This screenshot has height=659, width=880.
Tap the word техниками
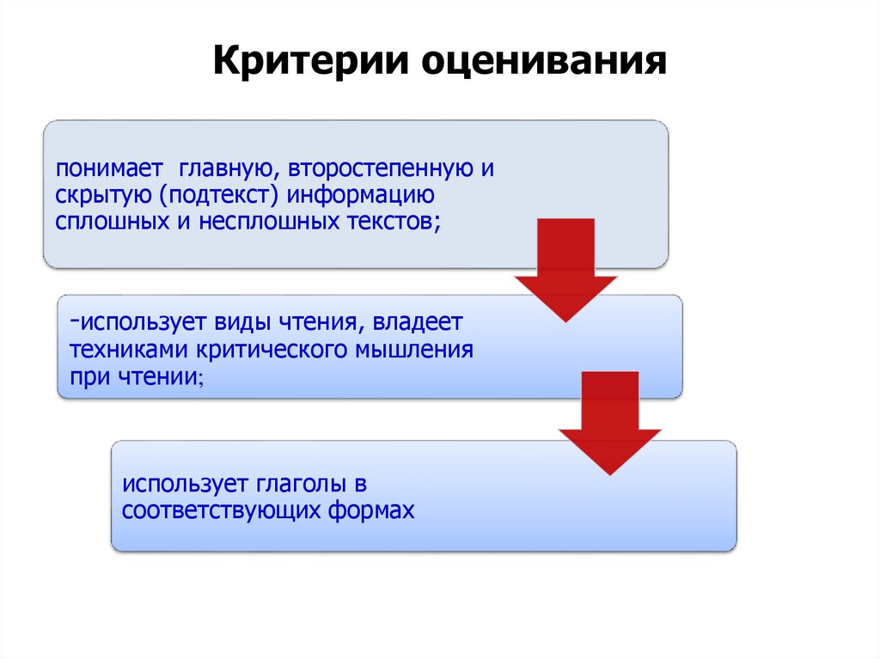[x=130, y=351]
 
